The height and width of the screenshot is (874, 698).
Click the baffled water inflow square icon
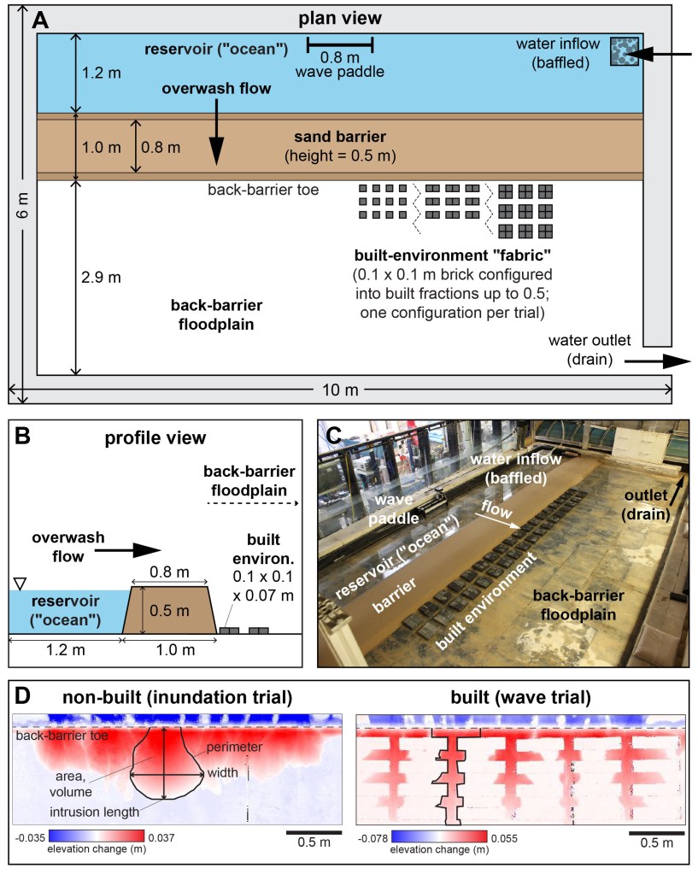click(624, 52)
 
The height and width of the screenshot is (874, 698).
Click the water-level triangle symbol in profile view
click(21, 584)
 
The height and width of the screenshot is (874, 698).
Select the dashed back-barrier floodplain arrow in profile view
click(254, 504)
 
